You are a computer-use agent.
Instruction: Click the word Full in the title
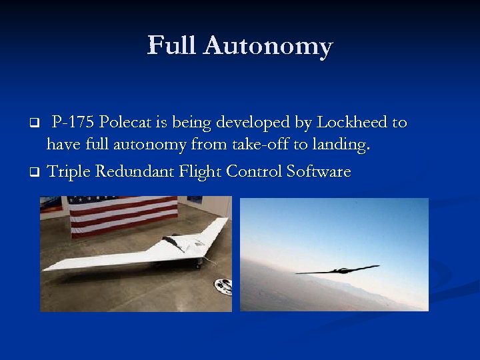(x=172, y=46)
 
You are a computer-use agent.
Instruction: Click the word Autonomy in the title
(x=268, y=47)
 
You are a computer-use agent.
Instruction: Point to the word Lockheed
(x=353, y=123)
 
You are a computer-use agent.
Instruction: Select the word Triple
(x=69, y=172)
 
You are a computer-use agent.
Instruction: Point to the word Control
(x=254, y=171)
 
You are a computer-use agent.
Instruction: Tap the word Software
(x=318, y=171)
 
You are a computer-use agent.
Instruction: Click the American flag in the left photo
(x=123, y=215)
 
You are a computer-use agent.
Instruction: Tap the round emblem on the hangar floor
(x=222, y=285)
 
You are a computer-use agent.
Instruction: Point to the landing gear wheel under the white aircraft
(x=199, y=267)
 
